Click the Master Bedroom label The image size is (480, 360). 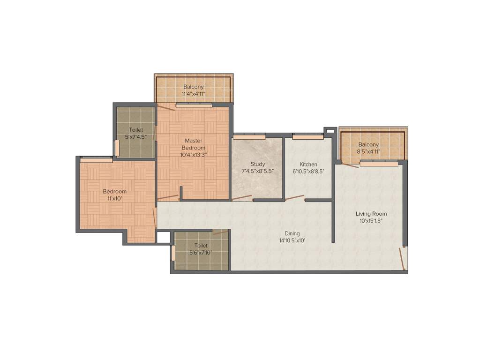click(194, 144)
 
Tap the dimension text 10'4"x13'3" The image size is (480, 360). click(194, 155)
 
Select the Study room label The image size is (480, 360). click(257, 164)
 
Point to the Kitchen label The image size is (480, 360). click(308, 164)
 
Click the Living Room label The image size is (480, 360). click(371, 214)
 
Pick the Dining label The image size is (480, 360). click(292, 233)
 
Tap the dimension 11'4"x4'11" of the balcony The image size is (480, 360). click(194, 94)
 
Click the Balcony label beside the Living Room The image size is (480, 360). click(368, 144)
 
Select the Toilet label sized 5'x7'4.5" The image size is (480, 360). click(136, 130)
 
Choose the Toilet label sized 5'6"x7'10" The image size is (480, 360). click(201, 245)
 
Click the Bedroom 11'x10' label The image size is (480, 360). click(115, 191)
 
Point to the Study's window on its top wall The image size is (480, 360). click(250, 137)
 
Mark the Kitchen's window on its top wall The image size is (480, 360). click(307, 137)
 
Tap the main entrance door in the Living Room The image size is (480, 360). click(402, 259)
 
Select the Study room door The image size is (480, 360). click(242, 198)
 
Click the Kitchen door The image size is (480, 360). click(294, 198)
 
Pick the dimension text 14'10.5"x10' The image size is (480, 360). click(292, 240)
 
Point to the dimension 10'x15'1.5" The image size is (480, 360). click(371, 221)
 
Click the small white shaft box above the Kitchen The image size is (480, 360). click(330, 130)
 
